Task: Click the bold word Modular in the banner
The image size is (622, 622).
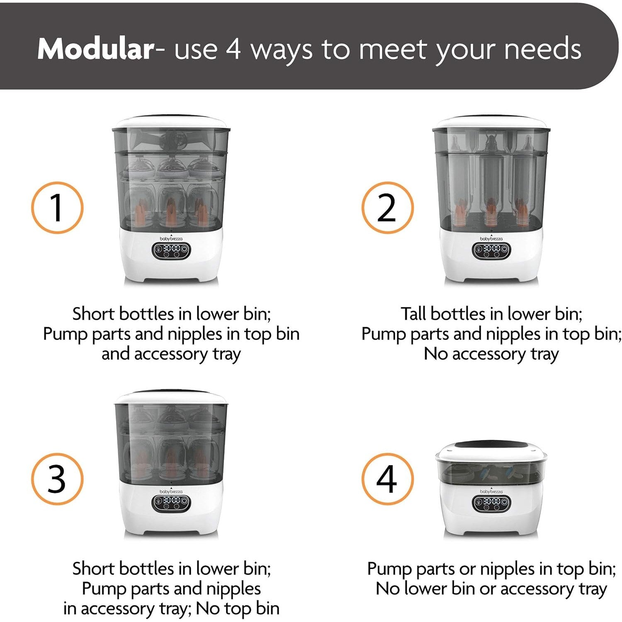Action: tap(96, 49)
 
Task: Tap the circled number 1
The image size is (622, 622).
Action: tap(57, 207)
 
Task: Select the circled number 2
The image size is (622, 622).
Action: tap(387, 207)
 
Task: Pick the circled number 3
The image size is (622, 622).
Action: tap(57, 479)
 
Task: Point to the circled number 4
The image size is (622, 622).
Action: tap(387, 479)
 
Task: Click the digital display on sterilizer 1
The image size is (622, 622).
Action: tap(171, 250)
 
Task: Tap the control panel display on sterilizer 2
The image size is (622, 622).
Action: tap(491, 250)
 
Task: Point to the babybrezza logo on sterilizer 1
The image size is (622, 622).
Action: tap(171, 238)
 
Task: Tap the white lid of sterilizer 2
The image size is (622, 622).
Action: tap(491, 123)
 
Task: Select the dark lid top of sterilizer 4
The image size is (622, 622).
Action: tap(491, 447)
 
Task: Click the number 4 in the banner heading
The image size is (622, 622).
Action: tap(233, 49)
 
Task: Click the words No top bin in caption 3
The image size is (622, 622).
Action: tap(238, 608)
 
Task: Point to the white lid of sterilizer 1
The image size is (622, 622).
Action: tap(171, 123)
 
